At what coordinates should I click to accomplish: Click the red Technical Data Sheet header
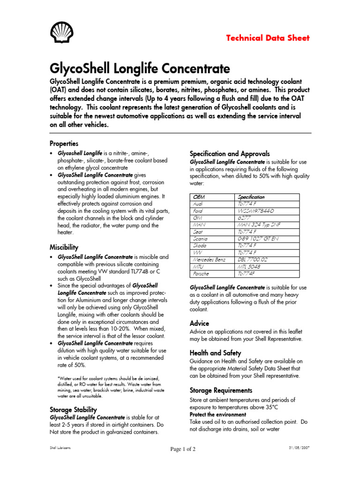268,38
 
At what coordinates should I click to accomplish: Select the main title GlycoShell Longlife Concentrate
133,67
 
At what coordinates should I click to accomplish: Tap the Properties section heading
64,143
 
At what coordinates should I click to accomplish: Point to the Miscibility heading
64,247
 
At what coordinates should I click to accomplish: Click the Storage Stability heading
73,409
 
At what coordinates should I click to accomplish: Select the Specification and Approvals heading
229,153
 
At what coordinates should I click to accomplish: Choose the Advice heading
199,323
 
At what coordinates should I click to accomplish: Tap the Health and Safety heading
215,352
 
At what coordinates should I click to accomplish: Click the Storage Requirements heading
221,390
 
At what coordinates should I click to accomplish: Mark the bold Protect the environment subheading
217,415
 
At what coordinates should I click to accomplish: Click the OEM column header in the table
199,197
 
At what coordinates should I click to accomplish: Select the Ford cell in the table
198,211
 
